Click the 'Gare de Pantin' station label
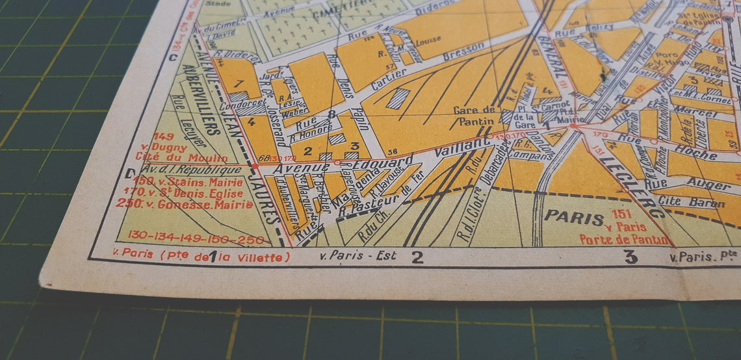474,115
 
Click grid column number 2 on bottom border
417,257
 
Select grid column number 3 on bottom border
630,257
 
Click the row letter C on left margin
174,56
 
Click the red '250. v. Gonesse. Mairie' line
185,204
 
